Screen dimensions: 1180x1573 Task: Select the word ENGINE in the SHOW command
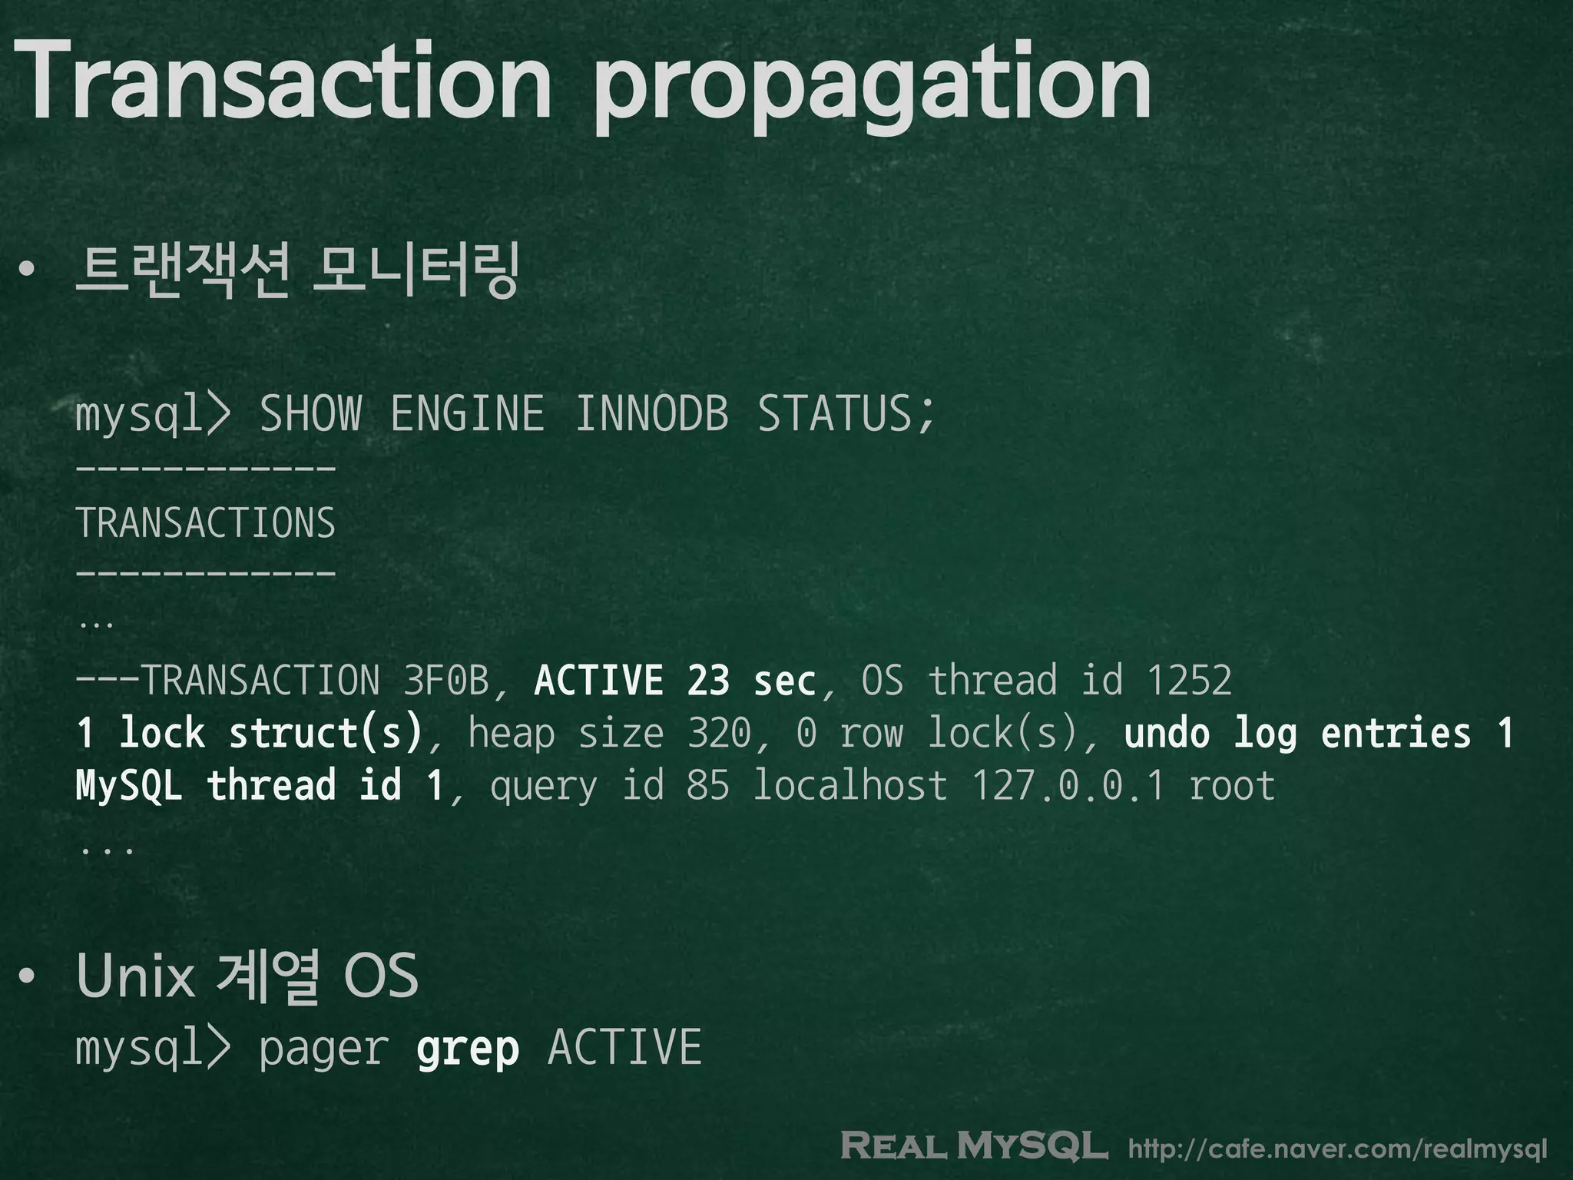coord(467,413)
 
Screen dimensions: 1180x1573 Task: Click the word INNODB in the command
coord(651,413)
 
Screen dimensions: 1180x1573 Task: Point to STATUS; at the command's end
coord(846,413)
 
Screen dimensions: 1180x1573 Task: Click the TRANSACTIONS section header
coord(206,523)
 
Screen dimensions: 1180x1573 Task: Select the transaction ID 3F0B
coord(445,681)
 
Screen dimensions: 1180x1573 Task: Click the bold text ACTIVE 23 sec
coord(674,681)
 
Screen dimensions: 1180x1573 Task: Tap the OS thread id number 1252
coord(1189,681)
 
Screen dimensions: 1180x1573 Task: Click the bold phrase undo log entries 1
coord(1319,733)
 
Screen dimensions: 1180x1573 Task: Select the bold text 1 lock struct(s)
coord(250,733)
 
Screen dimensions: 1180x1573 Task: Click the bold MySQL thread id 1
coord(260,785)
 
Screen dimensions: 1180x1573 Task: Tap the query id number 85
coord(707,785)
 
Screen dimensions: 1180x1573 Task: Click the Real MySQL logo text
coord(974,1146)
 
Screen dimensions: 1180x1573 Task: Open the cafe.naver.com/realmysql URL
coord(1337,1149)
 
